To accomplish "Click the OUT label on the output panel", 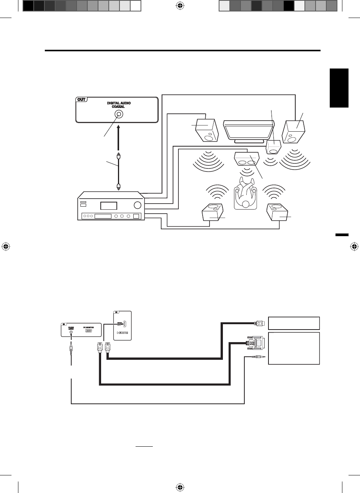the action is click(x=82, y=100).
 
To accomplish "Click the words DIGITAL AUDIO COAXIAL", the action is click(x=119, y=105).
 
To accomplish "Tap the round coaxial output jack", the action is click(x=119, y=114).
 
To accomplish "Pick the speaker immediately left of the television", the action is click(x=208, y=131).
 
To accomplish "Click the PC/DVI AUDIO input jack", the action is click(x=71, y=331).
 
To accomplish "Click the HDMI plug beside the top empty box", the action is click(x=259, y=323).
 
